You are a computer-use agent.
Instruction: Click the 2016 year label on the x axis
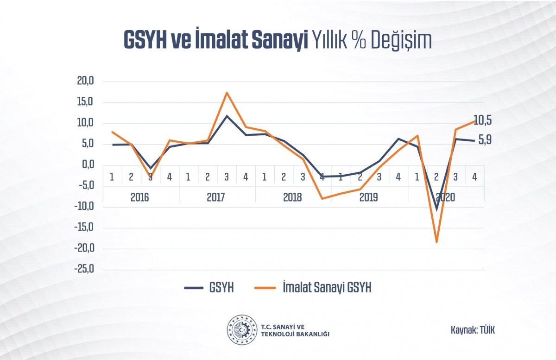pyautogui.click(x=139, y=197)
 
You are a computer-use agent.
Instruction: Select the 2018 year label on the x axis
pyautogui.click(x=292, y=197)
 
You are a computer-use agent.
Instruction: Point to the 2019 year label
pyautogui.click(x=368, y=197)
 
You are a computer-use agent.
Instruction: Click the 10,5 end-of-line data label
pyautogui.click(x=482, y=121)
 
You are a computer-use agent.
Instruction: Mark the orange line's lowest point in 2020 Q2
pyautogui.click(x=436, y=242)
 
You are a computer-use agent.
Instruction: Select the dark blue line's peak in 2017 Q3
pyautogui.click(x=227, y=116)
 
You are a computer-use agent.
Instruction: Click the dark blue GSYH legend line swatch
pyautogui.click(x=194, y=288)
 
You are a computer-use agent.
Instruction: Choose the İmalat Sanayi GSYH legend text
pyautogui.click(x=327, y=288)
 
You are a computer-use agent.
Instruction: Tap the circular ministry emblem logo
pyautogui.click(x=241, y=329)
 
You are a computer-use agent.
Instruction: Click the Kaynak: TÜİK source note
pyautogui.click(x=470, y=330)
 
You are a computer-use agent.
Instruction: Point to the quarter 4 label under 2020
pyautogui.click(x=474, y=177)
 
